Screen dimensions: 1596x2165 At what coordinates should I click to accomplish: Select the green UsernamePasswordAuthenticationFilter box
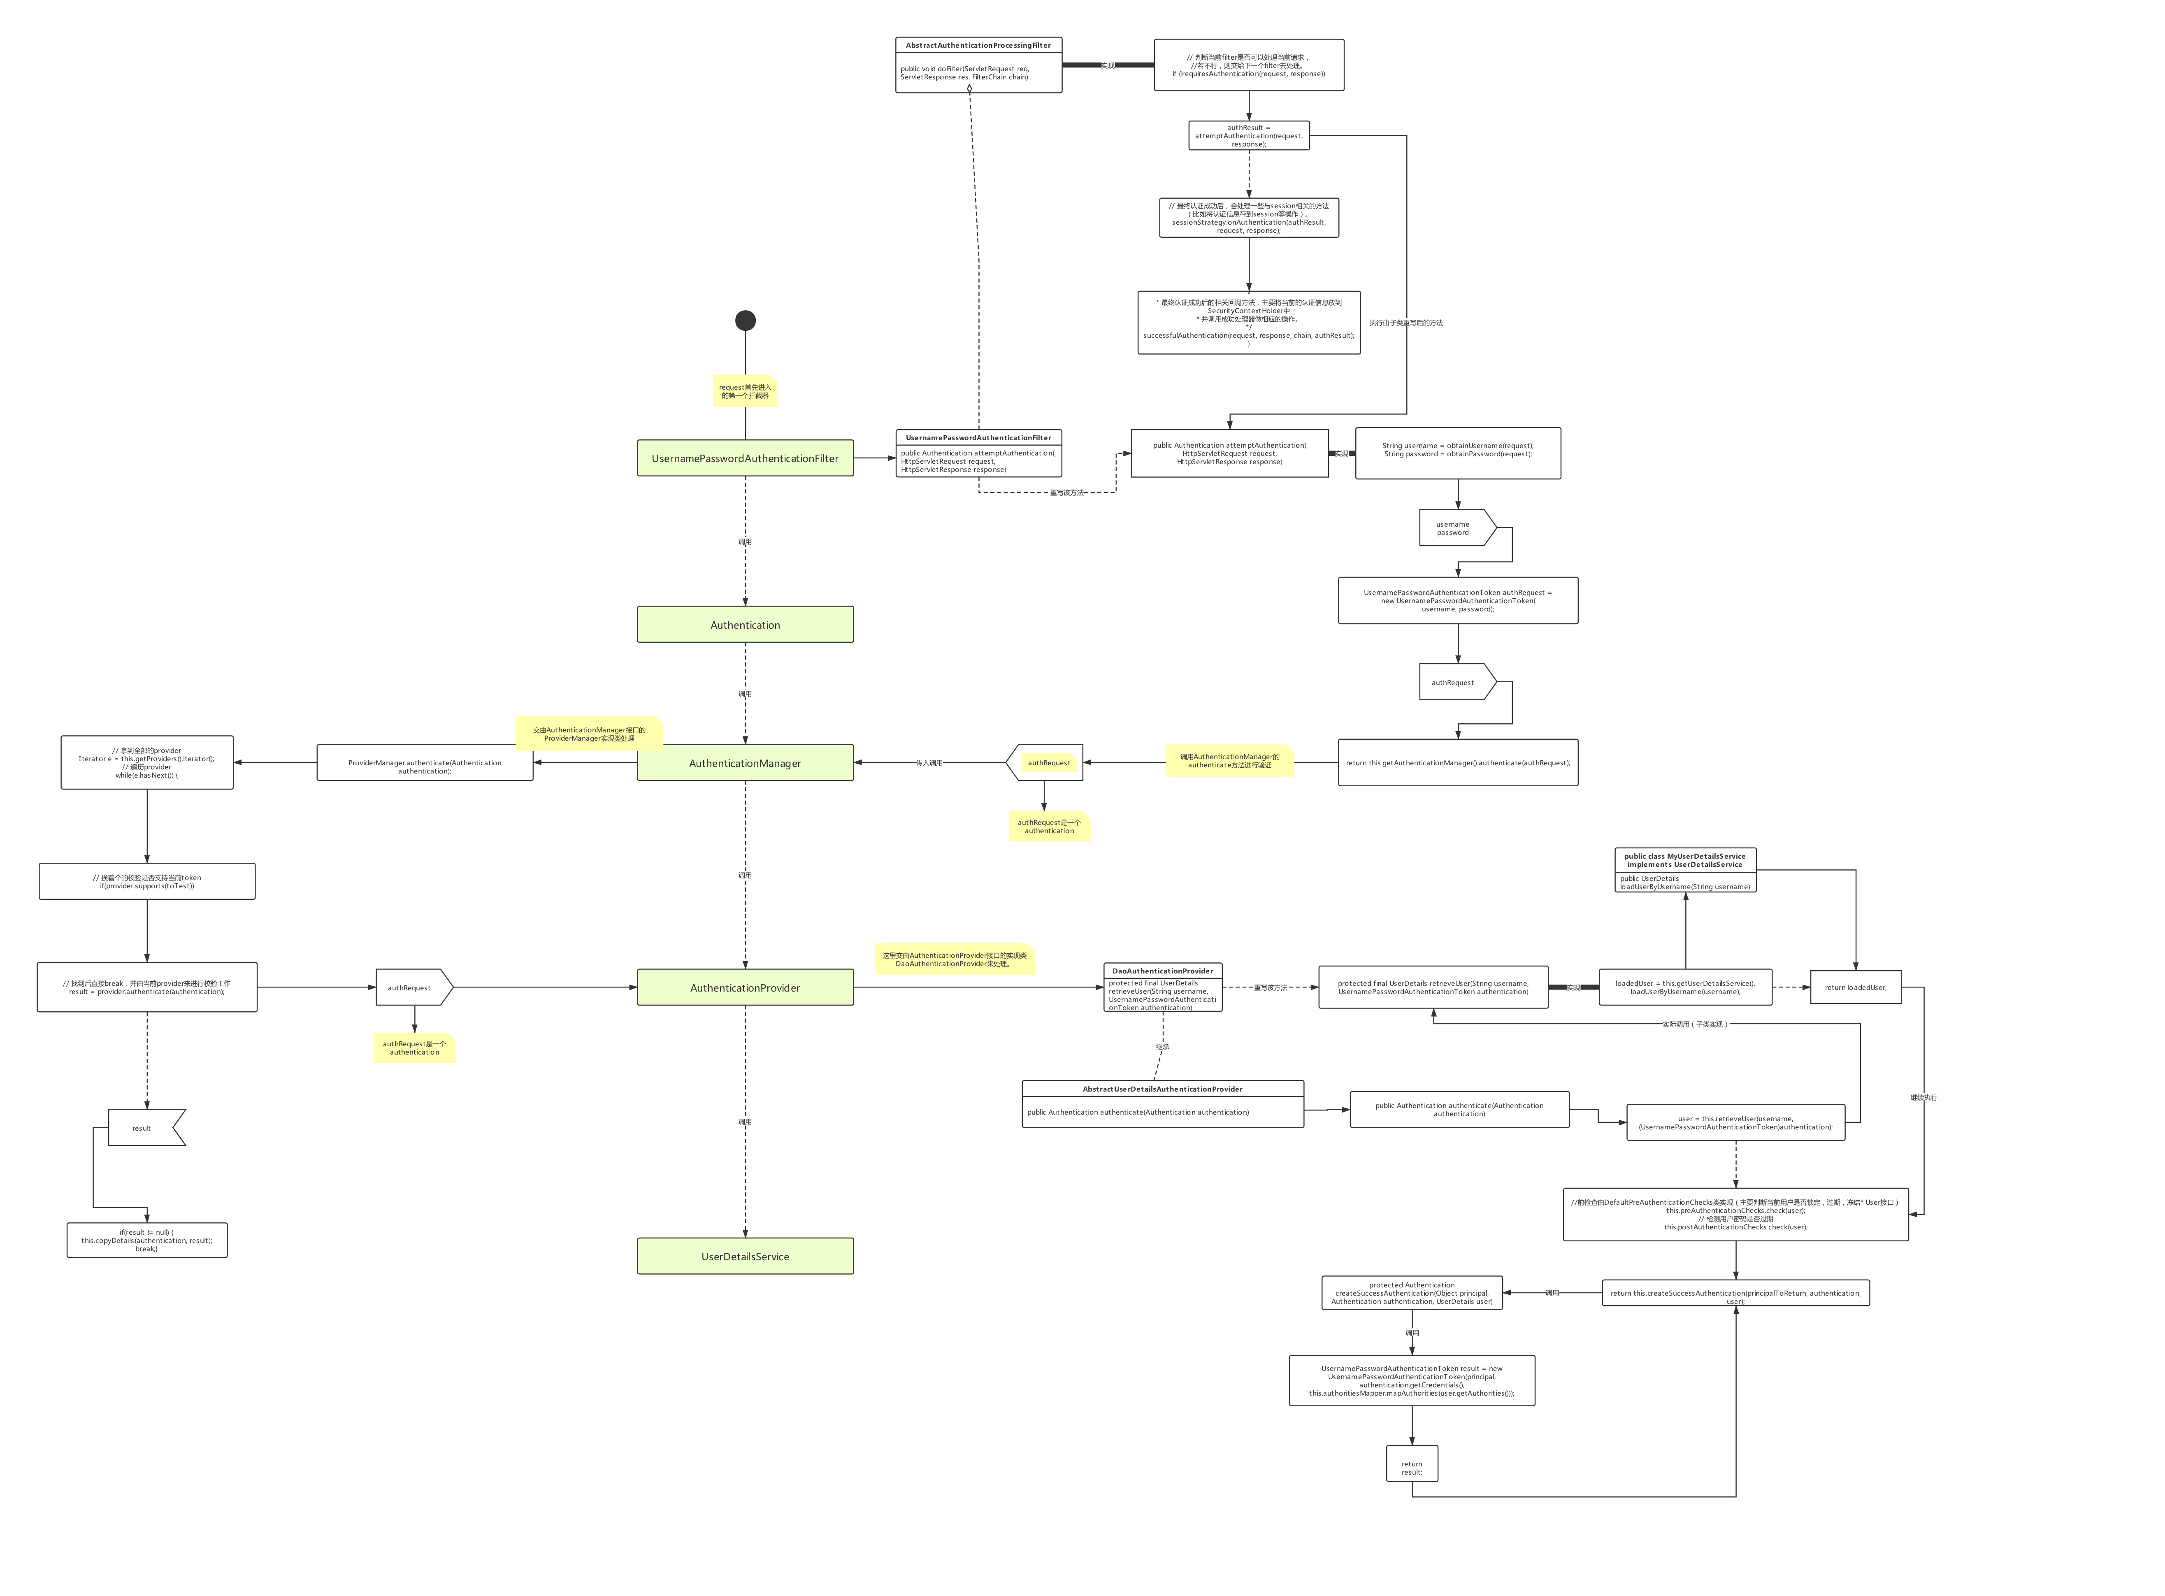[x=745, y=458]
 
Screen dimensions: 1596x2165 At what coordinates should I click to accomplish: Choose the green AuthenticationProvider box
[x=745, y=987]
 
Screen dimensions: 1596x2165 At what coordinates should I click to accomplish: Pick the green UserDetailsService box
[x=745, y=1256]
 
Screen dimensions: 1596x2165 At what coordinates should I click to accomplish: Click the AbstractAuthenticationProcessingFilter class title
[x=978, y=45]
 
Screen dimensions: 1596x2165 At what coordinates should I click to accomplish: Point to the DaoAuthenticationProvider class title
[x=1162, y=971]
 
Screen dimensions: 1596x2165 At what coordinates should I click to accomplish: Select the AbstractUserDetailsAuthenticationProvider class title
[x=1162, y=1089]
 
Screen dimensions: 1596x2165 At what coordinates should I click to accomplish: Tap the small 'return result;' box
[x=1412, y=1468]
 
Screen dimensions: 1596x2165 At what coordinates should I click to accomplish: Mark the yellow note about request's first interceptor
[x=745, y=391]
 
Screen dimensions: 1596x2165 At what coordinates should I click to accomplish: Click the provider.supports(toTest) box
[x=147, y=881]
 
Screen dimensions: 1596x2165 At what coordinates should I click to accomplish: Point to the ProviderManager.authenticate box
[x=424, y=766]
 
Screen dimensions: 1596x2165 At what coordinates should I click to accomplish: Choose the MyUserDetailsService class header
[x=1685, y=860]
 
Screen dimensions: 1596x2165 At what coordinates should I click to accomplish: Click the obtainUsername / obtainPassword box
[x=1457, y=452]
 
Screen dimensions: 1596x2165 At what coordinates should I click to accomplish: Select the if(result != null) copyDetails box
[x=147, y=1241]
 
